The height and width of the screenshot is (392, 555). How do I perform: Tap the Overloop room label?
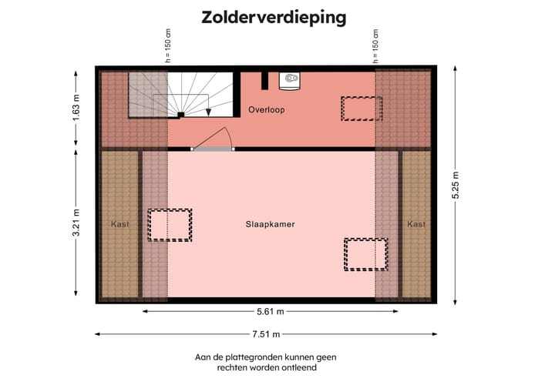(266, 110)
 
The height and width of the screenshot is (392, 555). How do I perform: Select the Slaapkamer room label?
(271, 224)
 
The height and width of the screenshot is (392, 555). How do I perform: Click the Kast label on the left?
(119, 224)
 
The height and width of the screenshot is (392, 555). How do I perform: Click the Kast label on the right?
(416, 224)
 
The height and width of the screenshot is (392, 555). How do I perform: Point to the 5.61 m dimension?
(270, 312)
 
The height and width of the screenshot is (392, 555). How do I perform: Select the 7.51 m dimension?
(265, 334)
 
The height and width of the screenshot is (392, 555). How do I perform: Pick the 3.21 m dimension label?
(76, 223)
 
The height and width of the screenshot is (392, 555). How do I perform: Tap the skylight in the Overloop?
(362, 109)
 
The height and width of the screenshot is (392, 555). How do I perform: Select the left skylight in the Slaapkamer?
(170, 225)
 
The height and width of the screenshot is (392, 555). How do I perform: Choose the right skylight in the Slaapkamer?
(366, 254)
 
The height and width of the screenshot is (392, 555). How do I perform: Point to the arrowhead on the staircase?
(208, 112)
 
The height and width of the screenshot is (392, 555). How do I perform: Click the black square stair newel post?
(180, 115)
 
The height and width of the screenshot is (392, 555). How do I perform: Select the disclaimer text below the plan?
(266, 363)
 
